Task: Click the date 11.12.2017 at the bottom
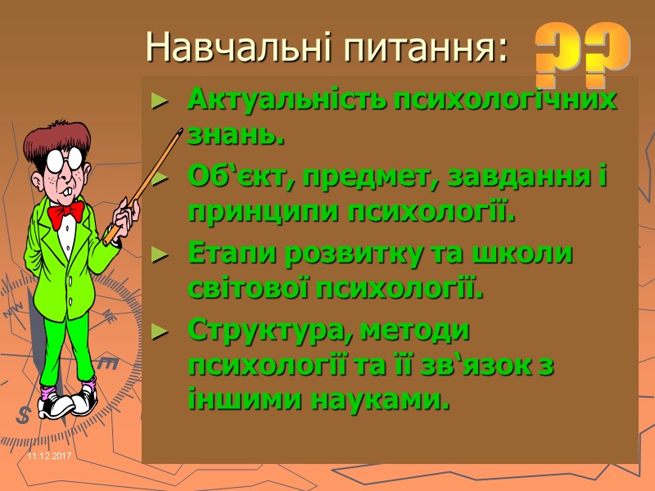[x=49, y=454]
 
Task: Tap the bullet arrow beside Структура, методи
[x=160, y=332]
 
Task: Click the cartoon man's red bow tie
[x=65, y=214]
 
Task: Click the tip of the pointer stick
[x=179, y=130]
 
